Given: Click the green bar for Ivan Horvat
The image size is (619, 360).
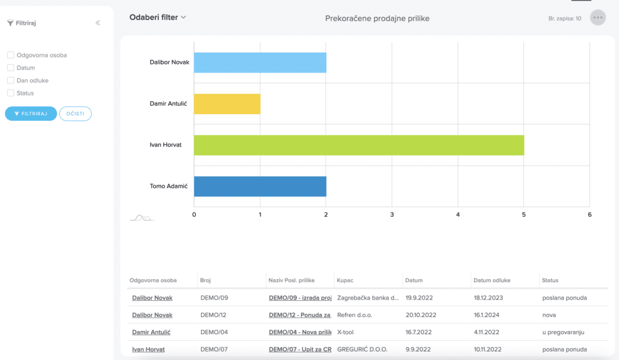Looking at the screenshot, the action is click(x=359, y=145).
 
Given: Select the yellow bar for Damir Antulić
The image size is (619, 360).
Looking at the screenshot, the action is click(x=227, y=104).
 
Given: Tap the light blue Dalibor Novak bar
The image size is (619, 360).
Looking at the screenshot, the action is click(x=260, y=63).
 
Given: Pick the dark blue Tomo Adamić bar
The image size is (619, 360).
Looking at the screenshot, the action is click(x=260, y=187).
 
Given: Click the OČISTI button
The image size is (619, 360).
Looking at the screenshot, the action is click(x=76, y=114).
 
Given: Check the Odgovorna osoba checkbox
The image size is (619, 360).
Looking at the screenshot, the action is click(x=11, y=55).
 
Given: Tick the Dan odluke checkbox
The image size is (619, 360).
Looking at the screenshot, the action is click(x=11, y=80).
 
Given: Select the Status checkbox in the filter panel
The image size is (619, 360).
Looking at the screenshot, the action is click(x=11, y=93).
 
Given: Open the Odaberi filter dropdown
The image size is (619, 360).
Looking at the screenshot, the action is click(x=158, y=18).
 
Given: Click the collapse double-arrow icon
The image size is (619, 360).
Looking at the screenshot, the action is click(x=97, y=23).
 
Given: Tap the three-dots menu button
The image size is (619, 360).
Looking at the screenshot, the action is click(x=598, y=18).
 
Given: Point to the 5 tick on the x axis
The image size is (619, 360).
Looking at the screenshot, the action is click(x=524, y=215).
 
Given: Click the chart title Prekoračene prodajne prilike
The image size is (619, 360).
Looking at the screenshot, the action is click(x=377, y=19).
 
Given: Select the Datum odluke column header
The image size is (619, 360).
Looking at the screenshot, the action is click(x=492, y=280).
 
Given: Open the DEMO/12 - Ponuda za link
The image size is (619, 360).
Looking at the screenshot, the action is click(x=300, y=315).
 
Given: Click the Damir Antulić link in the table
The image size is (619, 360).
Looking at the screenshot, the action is click(x=151, y=332).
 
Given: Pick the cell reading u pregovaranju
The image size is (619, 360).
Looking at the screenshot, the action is click(x=563, y=332).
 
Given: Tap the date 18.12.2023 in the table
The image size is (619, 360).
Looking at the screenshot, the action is click(x=488, y=298).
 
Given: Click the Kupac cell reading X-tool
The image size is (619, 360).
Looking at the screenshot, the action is click(x=345, y=332).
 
